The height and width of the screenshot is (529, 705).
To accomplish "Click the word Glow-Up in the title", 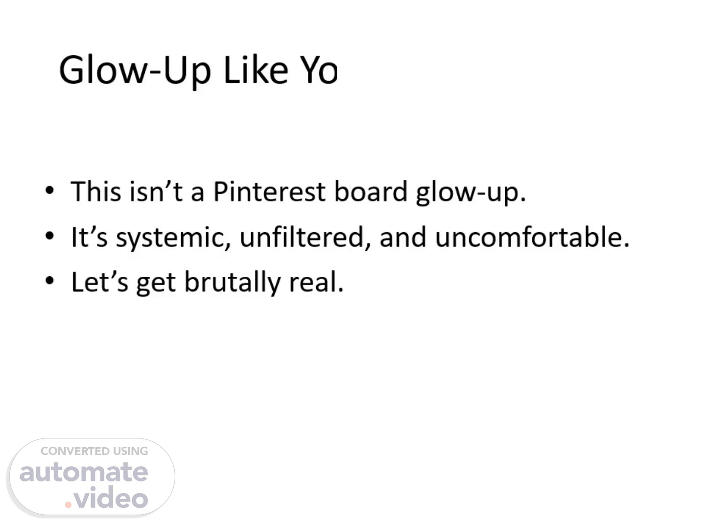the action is pyautogui.click(x=135, y=71).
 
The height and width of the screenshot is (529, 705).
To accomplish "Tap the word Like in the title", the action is pyautogui.click(x=256, y=70).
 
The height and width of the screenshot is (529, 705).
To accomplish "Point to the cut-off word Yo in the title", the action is pyautogui.click(x=318, y=70).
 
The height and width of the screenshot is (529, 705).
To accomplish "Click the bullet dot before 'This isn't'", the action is pyautogui.click(x=50, y=190).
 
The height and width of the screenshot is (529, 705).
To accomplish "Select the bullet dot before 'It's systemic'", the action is pyautogui.click(x=50, y=236).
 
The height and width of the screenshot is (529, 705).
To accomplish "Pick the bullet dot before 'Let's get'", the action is pyautogui.click(x=50, y=281).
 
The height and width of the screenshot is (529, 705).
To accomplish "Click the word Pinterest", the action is pyautogui.click(x=269, y=192).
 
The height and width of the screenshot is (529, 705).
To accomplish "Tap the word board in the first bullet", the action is pyautogui.click(x=371, y=191).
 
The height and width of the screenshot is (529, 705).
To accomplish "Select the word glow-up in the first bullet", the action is pyautogui.click(x=471, y=193).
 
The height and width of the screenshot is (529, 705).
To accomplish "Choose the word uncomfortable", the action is pyautogui.click(x=532, y=237).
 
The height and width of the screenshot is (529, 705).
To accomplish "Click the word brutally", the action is pyautogui.click(x=233, y=283).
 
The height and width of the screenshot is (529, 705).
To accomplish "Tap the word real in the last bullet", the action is pyautogui.click(x=316, y=282).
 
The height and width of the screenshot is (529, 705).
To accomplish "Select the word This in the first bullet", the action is pyautogui.click(x=95, y=191).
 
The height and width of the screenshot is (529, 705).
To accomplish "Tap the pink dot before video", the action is pyautogui.click(x=68, y=505).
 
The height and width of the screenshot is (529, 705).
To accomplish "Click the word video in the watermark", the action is pyautogui.click(x=111, y=497).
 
